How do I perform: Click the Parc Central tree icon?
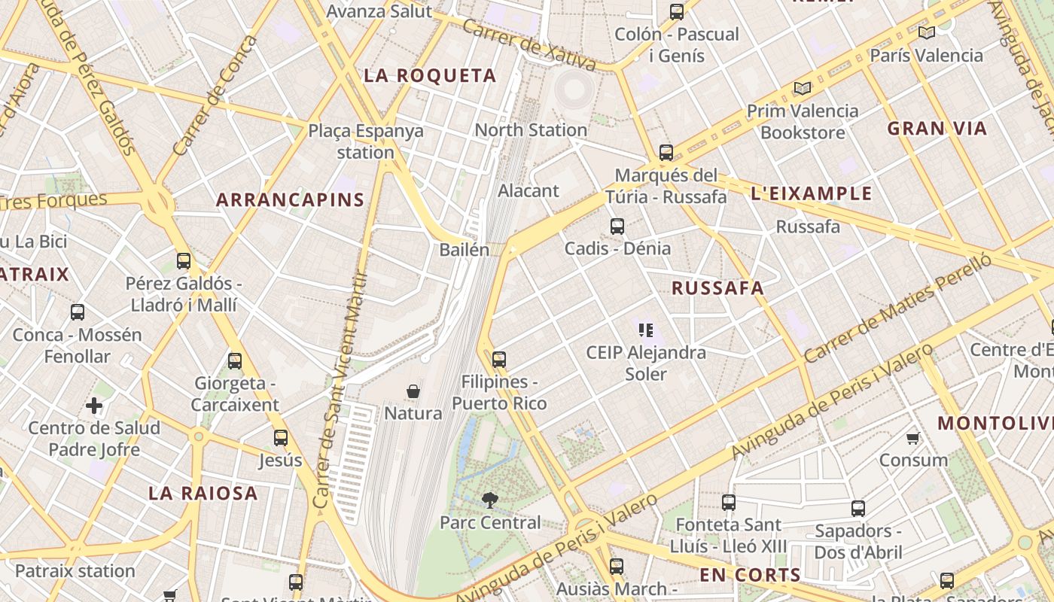coord(490,500)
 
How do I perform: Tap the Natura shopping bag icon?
coord(413,391)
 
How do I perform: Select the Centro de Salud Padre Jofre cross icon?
coord(94,406)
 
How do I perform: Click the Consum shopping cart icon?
coord(913,438)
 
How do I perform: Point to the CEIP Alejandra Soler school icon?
coord(646,330)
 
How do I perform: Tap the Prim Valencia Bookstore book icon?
coord(803,89)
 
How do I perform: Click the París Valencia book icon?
coord(926,33)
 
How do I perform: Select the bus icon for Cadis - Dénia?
coord(617,226)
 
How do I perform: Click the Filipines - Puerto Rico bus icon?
coord(498,360)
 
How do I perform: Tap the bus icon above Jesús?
coord(281,438)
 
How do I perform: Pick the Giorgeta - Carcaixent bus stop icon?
coord(235,361)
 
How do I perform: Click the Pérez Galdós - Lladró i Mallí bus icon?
coord(184,261)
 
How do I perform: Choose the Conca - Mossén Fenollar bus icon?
coord(78,312)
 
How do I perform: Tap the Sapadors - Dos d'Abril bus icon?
coord(858,509)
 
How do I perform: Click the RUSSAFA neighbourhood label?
coord(717,288)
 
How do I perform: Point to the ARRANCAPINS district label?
coord(290,200)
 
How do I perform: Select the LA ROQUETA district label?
coord(430,75)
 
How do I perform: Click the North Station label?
coord(531,129)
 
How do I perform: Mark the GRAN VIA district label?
coord(937,129)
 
